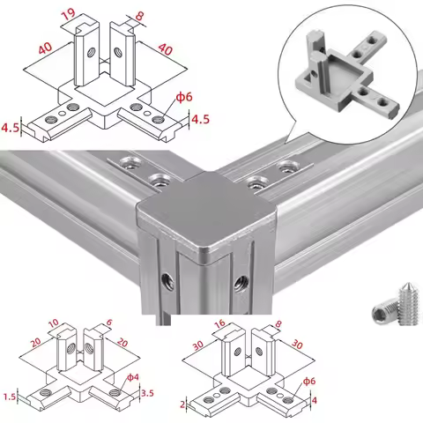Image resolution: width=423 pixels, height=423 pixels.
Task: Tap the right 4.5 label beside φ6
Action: coord(199,117)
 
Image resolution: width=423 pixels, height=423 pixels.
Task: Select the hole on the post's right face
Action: coord(238,282)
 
